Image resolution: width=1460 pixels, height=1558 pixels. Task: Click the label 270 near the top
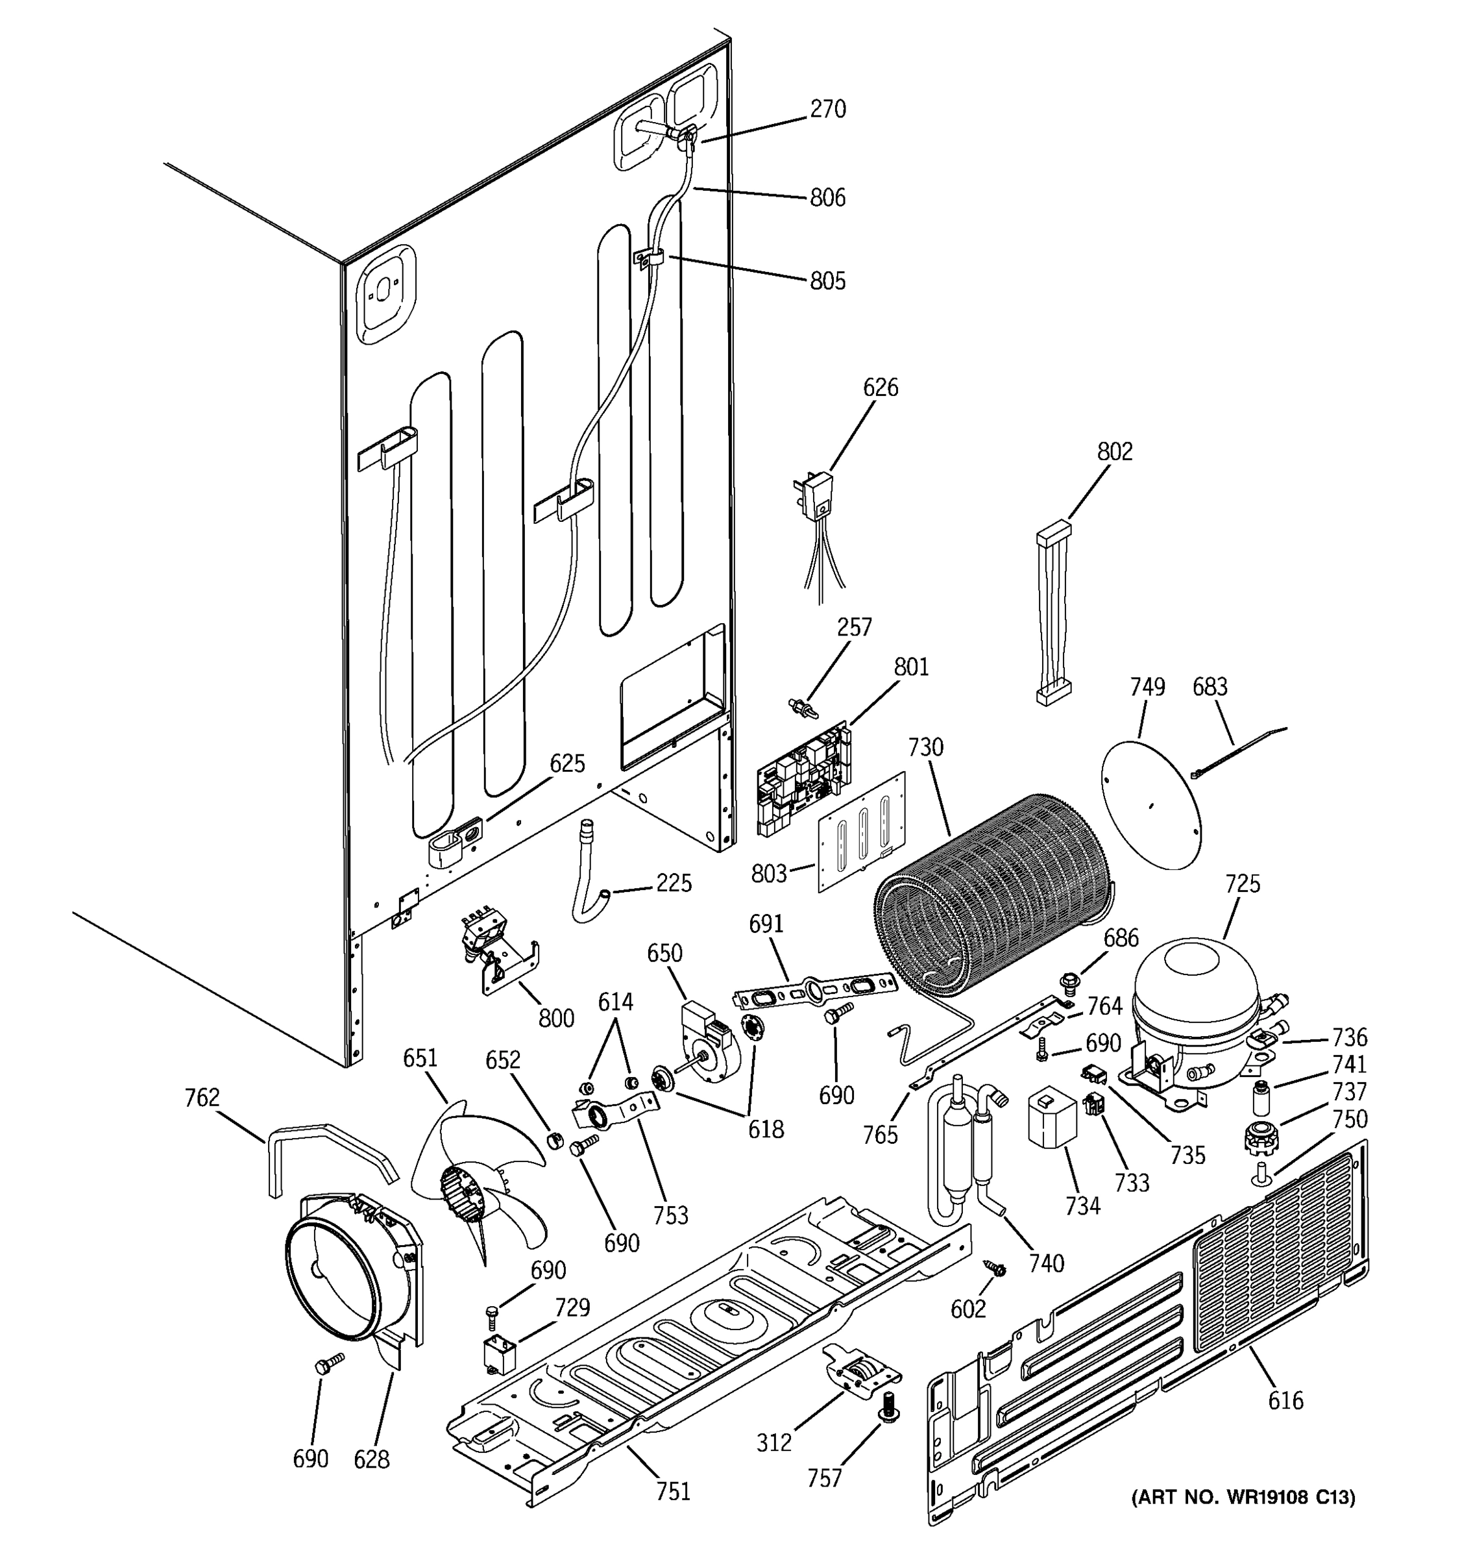click(827, 109)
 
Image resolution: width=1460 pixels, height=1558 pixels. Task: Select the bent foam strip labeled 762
click(329, 1146)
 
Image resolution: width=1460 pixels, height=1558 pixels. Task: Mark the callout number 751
click(673, 1491)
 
